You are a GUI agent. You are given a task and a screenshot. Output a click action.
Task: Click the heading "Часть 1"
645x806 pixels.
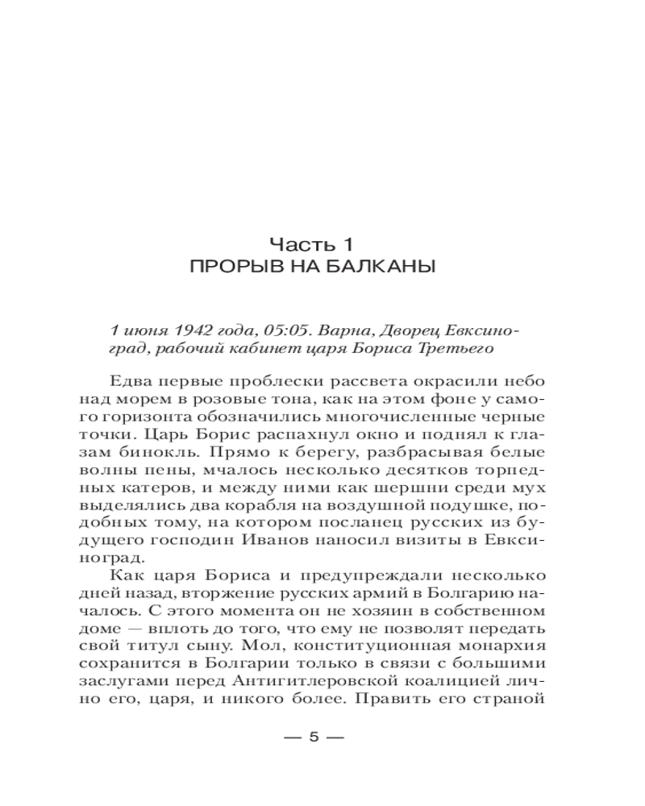click(x=312, y=243)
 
